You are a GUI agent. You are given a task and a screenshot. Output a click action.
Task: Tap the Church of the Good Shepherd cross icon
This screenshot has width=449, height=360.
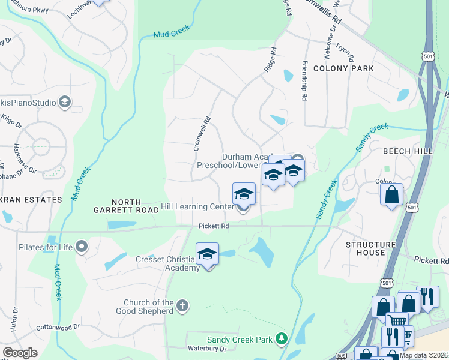[183, 307]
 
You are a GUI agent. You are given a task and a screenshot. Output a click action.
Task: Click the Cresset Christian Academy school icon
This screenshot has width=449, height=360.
[207, 254]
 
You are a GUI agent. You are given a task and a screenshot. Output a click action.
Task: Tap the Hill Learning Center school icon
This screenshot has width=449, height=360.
[244, 194]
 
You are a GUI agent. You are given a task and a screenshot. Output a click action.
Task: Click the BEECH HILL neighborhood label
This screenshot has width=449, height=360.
[408, 151]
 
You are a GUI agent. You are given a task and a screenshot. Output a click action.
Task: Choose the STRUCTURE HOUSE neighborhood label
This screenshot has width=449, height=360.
[370, 248]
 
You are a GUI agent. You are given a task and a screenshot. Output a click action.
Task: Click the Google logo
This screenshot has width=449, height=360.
[20, 353]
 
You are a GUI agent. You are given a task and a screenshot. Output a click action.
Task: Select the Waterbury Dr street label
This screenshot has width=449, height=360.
[206, 348]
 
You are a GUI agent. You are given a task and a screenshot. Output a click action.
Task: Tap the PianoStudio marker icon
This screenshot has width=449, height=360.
[65, 103]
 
